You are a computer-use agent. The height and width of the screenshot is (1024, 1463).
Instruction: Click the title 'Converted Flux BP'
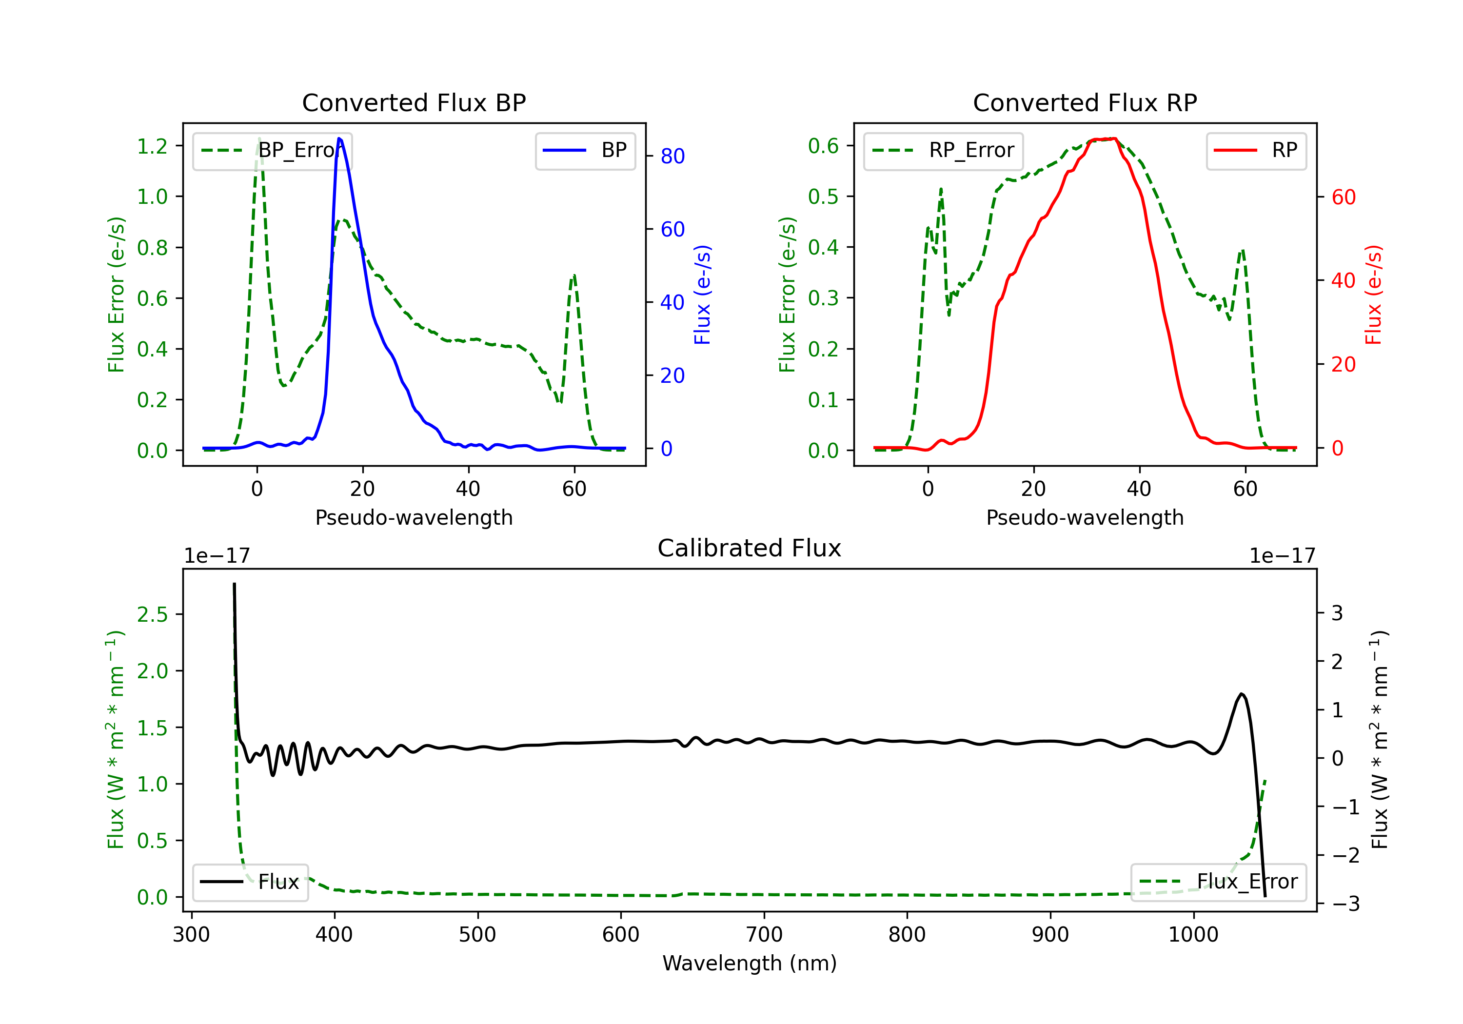[x=414, y=102]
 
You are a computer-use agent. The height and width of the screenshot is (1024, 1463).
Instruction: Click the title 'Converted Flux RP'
[x=1085, y=102]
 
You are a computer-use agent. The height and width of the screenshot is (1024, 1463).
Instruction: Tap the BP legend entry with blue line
[x=585, y=150]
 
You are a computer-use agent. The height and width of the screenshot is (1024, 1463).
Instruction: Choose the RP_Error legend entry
[x=943, y=150]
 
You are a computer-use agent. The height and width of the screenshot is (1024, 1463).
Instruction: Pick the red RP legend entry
[x=1255, y=150]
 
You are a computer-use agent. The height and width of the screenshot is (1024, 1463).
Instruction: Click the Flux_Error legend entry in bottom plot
[x=1218, y=882]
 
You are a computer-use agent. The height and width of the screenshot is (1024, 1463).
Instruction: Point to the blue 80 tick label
[x=672, y=156]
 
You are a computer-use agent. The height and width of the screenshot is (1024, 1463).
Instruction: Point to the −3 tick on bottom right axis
[x=1346, y=904]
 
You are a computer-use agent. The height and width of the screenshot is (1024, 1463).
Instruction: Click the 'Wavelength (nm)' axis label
[x=750, y=963]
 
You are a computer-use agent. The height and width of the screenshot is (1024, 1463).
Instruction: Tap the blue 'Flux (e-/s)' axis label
[x=702, y=295]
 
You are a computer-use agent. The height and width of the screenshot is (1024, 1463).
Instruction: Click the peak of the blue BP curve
[x=339, y=138]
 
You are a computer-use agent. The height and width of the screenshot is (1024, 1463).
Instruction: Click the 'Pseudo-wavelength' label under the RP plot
[x=1085, y=517]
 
